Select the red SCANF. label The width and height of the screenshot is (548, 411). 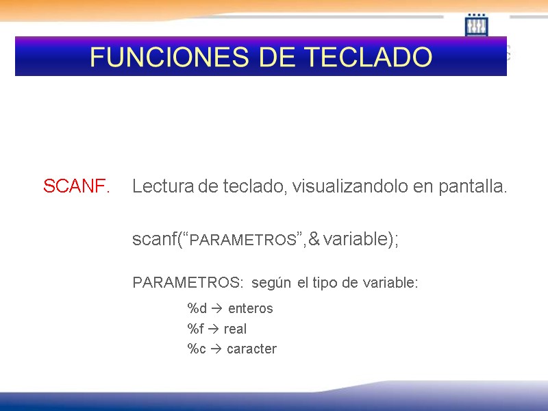click(x=77, y=186)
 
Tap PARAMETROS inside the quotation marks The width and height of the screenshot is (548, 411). click(x=242, y=240)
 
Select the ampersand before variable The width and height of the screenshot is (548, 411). click(x=314, y=240)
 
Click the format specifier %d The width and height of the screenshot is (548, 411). click(x=197, y=308)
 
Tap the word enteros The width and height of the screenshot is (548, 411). click(x=250, y=308)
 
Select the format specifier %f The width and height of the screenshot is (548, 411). click(x=196, y=329)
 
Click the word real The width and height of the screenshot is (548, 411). click(x=235, y=329)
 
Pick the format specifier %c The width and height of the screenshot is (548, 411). click(x=197, y=349)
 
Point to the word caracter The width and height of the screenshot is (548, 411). click(x=251, y=349)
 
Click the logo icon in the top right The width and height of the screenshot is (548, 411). click(x=476, y=25)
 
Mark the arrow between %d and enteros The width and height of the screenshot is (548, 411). click(x=217, y=308)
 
